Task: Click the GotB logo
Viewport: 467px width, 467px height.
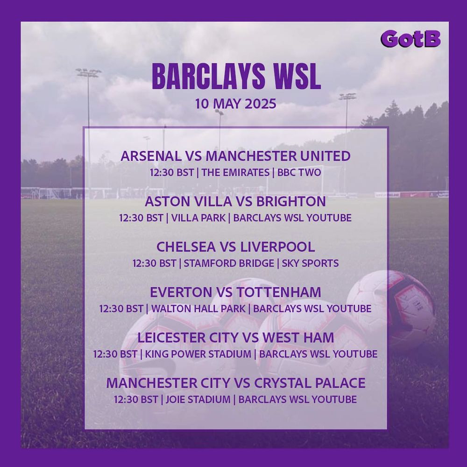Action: coord(410,39)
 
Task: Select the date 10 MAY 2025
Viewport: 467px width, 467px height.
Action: coord(235,104)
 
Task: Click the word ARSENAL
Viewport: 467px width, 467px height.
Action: coord(151,156)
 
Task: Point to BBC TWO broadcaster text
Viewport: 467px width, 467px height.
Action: coord(299,173)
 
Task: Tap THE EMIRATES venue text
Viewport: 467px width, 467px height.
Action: coord(235,173)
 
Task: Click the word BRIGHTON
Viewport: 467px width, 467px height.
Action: coord(291,202)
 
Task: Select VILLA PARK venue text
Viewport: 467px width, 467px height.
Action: coord(198,218)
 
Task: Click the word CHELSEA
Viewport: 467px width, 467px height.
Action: coord(186,247)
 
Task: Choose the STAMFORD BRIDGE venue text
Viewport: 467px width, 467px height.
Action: coord(229,263)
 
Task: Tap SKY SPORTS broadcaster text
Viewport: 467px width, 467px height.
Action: coord(310,263)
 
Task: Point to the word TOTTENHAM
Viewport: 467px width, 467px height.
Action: coord(279,292)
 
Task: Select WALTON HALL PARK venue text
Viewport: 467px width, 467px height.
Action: coord(198,309)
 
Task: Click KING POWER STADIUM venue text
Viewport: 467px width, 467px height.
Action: coord(198,354)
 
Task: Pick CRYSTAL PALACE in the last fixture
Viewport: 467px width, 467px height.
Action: coord(310,383)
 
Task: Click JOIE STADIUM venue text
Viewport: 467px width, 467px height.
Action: coord(198,399)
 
